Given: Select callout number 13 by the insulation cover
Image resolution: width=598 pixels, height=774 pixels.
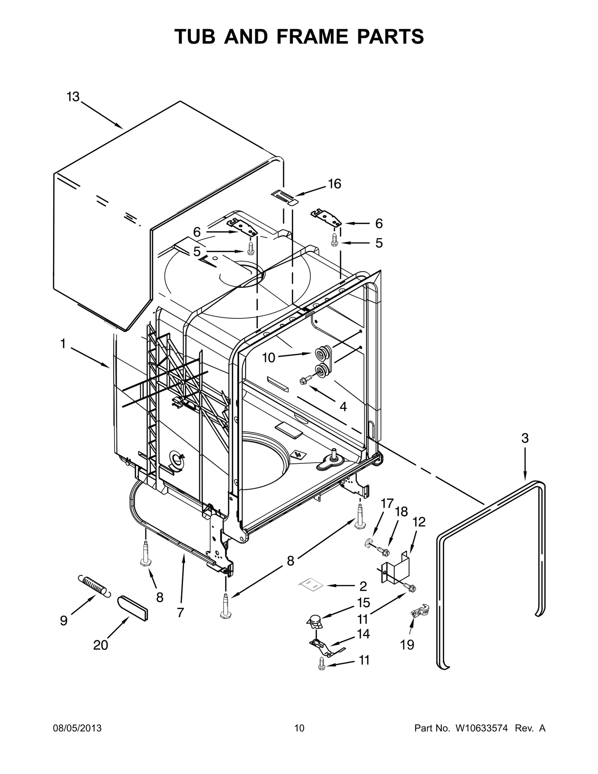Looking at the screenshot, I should pyautogui.click(x=73, y=97).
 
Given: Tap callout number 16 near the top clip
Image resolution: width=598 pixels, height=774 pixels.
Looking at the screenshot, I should pyautogui.click(x=335, y=184).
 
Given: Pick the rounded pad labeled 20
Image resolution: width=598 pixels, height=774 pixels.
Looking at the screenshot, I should pyautogui.click(x=133, y=608).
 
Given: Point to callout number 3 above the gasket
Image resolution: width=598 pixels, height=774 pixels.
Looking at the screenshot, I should pyautogui.click(x=525, y=438).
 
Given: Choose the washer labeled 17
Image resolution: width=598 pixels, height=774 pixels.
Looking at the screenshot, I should pyautogui.click(x=369, y=542).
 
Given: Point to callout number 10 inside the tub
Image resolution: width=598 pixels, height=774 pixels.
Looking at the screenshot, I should pyautogui.click(x=268, y=358).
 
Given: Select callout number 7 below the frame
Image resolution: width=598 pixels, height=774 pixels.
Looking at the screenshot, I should pyautogui.click(x=180, y=612).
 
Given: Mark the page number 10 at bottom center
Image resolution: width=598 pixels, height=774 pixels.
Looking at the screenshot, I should pyautogui.click(x=299, y=728).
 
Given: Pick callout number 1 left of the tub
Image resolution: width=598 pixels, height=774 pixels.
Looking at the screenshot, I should pyautogui.click(x=63, y=344).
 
